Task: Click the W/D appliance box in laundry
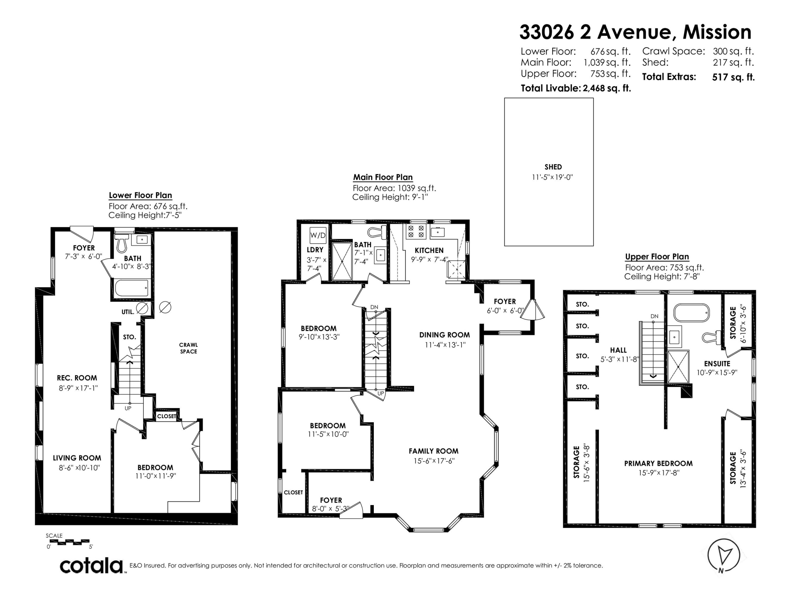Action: pos(318,235)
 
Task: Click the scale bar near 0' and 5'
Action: pos(68,542)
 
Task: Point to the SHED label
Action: pos(553,167)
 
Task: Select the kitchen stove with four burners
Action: pos(416,231)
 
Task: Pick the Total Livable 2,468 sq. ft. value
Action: pos(606,88)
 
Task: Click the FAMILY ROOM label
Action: pos(433,451)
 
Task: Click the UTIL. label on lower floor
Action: pos(128,312)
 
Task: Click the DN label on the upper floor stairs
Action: pos(654,316)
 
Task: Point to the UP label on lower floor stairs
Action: pos(128,408)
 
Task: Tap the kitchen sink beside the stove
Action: pos(437,232)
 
